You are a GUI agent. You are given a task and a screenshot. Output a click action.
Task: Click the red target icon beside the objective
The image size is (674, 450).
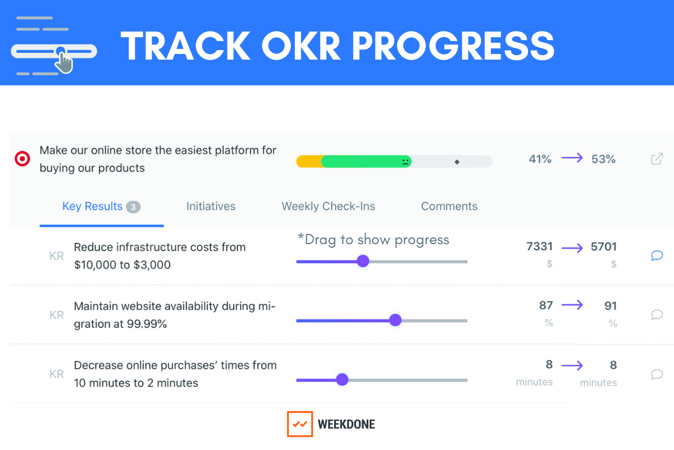pos(22,159)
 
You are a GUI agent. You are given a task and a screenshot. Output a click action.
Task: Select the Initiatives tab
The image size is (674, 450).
pos(211,206)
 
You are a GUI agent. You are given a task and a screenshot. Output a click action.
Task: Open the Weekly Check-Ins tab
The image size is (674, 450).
pos(328,206)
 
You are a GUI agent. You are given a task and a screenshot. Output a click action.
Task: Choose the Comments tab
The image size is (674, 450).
pos(449,206)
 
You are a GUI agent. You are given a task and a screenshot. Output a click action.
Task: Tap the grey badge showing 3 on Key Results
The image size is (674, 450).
pos(133,207)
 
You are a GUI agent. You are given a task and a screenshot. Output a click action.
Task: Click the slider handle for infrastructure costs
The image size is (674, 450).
pos(363,261)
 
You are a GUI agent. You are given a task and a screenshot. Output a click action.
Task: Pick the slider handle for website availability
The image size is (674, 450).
pos(395,320)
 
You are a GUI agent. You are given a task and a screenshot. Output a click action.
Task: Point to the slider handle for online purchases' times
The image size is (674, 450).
pos(342,380)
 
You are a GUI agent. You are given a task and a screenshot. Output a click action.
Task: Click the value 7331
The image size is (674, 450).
pos(540,246)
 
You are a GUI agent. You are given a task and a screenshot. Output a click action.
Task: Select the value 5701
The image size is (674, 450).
pos(604,246)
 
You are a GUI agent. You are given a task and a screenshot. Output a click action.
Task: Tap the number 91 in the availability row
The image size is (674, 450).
pos(611,306)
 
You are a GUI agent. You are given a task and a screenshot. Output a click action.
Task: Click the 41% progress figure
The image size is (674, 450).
pos(540,159)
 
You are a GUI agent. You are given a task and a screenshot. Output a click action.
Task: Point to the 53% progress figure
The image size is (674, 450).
pos(603,159)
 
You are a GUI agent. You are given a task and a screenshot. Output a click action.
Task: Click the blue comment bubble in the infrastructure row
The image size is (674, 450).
pos(657,255)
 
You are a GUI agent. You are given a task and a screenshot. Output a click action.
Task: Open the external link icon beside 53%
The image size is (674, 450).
pos(657,159)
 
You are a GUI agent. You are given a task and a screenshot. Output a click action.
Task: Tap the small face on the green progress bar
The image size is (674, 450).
pos(406,161)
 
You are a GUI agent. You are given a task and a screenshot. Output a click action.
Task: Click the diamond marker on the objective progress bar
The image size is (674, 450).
pos(457,162)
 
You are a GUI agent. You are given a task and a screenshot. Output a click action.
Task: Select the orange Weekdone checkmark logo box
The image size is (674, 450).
pos(300,424)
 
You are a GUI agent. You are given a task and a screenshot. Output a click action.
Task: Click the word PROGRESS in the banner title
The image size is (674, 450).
pos(453,46)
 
